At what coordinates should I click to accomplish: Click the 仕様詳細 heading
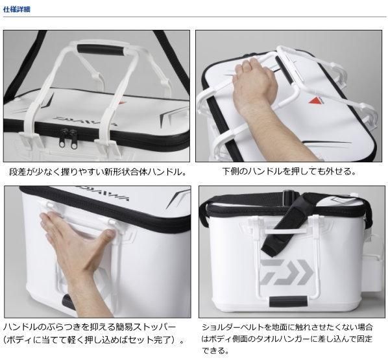point(17,10)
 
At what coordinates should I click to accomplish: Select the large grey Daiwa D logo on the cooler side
point(287,272)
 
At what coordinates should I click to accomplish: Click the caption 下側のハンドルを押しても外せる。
point(289,171)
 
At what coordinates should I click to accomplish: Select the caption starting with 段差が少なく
point(98,172)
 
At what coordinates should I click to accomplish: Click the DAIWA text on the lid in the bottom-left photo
point(103,193)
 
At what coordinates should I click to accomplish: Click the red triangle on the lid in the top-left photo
point(123,103)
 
